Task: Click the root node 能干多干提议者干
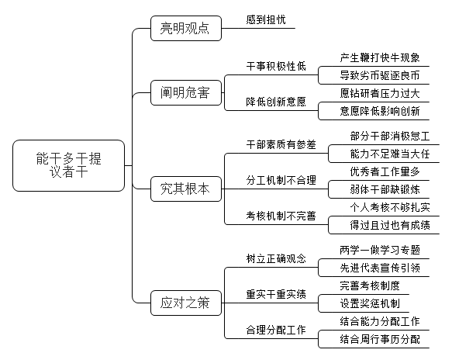[x=68, y=165]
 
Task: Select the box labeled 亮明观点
[x=186, y=28]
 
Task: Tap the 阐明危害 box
[x=186, y=92]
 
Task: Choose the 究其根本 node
[x=186, y=189]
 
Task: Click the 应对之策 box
[x=186, y=303]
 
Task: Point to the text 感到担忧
[x=266, y=19]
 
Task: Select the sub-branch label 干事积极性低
[x=276, y=67]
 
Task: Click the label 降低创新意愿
[x=276, y=102]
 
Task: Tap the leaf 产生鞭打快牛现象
[x=380, y=57]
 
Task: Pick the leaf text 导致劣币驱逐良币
[x=380, y=75]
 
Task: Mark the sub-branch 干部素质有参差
[x=281, y=144]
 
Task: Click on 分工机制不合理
[x=281, y=180]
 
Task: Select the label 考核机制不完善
[x=281, y=216]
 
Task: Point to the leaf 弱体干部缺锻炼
[x=385, y=189]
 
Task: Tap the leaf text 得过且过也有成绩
[x=390, y=225]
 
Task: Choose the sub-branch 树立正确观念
[x=276, y=258]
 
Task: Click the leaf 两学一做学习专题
[x=380, y=250]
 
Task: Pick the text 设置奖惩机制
[x=370, y=303]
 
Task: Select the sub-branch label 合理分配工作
[x=276, y=330]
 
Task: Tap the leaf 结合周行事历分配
[x=380, y=339]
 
